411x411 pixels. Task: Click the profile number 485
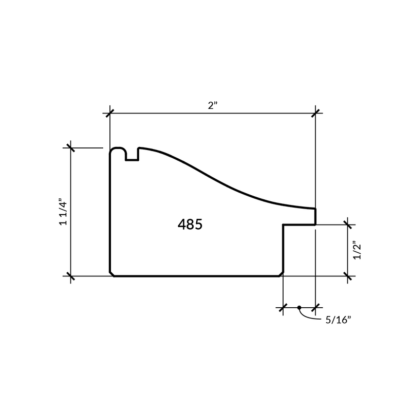click(x=190, y=225)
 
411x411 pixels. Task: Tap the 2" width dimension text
click(x=213, y=105)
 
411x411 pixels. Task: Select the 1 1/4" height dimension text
click(x=63, y=212)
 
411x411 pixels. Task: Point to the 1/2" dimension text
click(x=357, y=250)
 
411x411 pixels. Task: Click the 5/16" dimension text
click(x=338, y=320)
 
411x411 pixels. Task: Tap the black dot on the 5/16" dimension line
click(x=299, y=307)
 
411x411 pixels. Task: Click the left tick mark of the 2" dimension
click(x=110, y=113)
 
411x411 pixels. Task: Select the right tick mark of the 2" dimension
click(x=315, y=113)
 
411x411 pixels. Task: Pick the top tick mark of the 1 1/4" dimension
click(x=70, y=148)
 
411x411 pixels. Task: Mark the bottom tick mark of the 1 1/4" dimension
click(x=70, y=276)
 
